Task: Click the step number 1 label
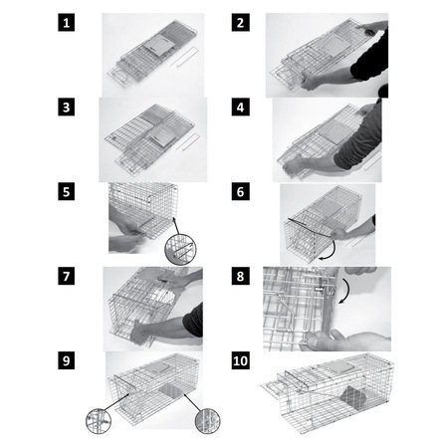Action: click(x=66, y=23)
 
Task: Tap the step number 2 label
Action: click(x=240, y=23)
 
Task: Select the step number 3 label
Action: click(x=66, y=108)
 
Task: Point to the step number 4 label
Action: click(x=240, y=108)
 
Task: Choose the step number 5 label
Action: click(x=66, y=192)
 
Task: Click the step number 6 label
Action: click(x=240, y=192)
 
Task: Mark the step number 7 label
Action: click(x=66, y=276)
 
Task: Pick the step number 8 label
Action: click(x=240, y=276)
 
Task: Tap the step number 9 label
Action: click(x=66, y=360)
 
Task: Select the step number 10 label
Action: click(x=240, y=360)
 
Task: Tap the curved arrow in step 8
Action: click(x=346, y=291)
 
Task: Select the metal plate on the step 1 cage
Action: click(x=158, y=47)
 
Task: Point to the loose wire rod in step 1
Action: click(x=186, y=57)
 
